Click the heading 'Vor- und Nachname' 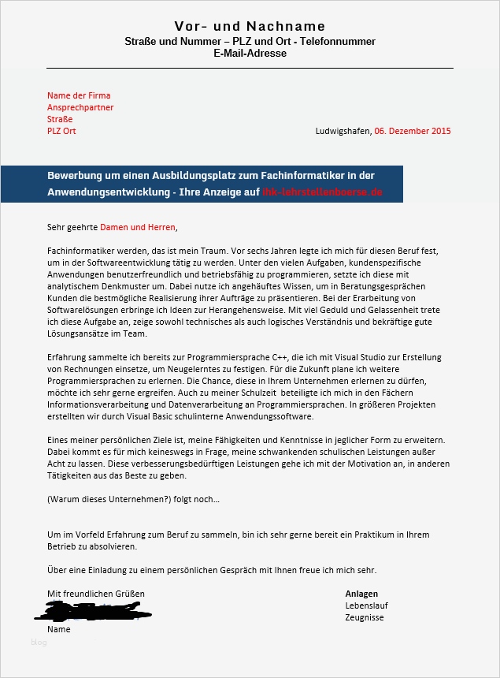250,28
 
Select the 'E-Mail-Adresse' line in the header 250,54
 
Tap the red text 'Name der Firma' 79,95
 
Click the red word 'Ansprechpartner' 80,107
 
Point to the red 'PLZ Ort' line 61,131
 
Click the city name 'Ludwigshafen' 343,131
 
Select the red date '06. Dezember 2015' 413,131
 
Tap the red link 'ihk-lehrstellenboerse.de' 322,192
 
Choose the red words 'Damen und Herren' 138,228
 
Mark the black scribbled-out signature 98,610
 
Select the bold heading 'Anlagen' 361,594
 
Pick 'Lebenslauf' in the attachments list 366,605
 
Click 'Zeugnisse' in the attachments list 365,617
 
